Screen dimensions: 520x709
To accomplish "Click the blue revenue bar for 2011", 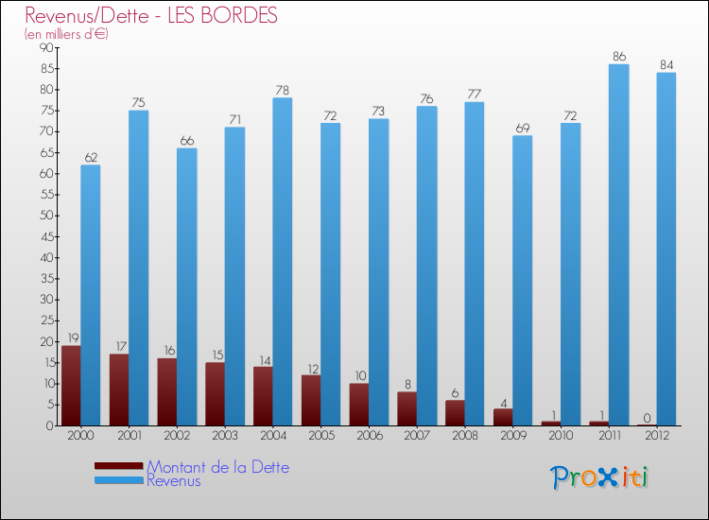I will point(618,246).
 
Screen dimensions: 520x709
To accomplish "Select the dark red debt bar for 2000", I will point(71,386).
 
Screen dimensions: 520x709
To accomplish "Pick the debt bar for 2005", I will point(311,400).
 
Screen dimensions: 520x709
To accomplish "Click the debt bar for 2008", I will point(455,413).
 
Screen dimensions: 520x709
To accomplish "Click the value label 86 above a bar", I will point(618,57).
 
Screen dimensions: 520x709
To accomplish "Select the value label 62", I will point(91,158).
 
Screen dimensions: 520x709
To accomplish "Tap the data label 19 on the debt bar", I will point(72,338).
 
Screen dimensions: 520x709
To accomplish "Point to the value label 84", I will point(666,65).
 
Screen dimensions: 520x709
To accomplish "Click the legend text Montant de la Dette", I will point(217,467).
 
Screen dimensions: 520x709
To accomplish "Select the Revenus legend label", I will point(174,480).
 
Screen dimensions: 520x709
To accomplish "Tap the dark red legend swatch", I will point(119,465).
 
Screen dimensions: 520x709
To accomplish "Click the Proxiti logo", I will point(600,477).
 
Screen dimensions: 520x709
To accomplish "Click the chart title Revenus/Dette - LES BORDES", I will point(151,16).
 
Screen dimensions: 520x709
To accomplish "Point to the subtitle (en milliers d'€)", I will point(66,34).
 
